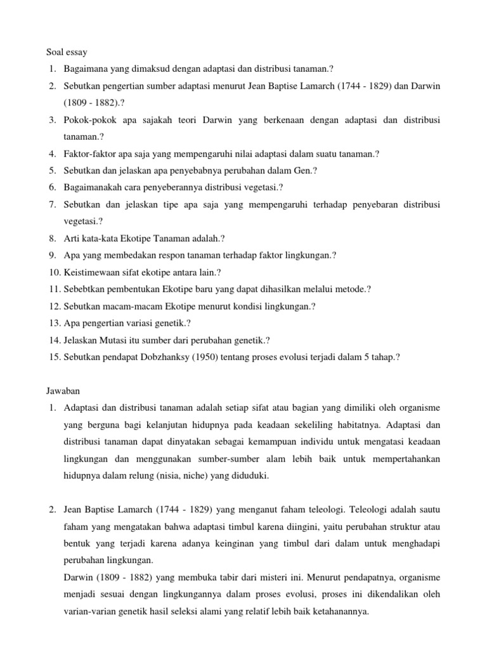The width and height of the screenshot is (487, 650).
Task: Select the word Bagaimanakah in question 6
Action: pyautogui.click(x=93, y=187)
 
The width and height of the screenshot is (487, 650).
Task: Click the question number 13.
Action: pyautogui.click(x=53, y=323)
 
